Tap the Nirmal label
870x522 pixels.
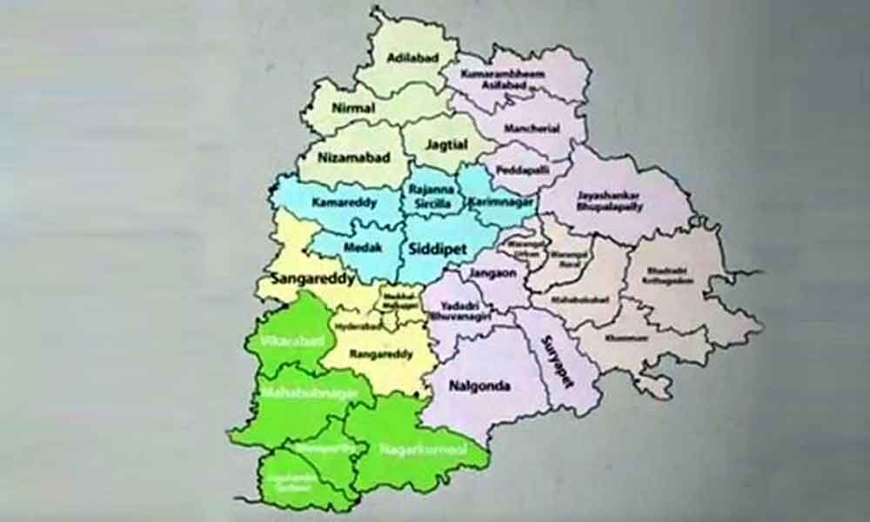354,109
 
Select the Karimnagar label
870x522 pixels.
495,202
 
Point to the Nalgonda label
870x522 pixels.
479,385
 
